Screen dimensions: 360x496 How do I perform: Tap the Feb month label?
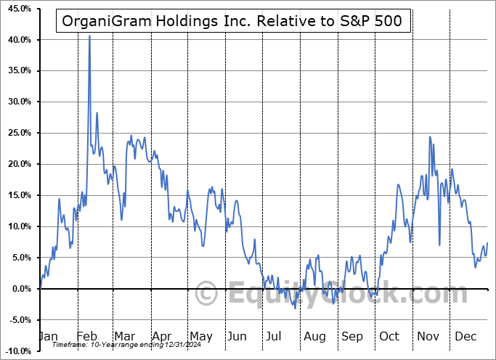pos(86,337)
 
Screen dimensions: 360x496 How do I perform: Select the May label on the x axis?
pos(200,337)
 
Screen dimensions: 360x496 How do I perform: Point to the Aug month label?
pos(314,337)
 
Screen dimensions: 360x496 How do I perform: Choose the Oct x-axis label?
pos(390,337)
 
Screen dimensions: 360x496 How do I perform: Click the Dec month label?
pos(465,337)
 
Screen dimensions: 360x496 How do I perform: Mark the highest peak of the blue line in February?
pos(89,35)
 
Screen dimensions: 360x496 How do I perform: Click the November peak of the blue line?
pos(430,136)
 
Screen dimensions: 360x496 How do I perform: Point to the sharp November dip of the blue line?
pos(439,245)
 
